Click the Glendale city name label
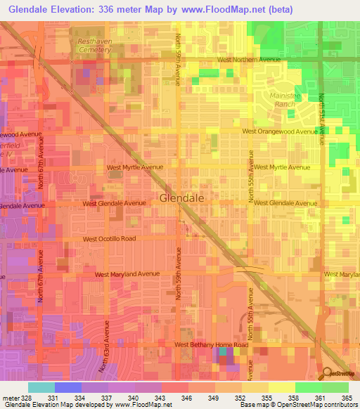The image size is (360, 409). pos(182,198)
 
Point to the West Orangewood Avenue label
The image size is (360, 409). pos(279,131)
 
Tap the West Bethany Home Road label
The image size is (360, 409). pos(212,345)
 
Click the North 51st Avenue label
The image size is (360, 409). pos(322,119)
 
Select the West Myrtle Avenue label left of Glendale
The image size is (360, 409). pos(134,167)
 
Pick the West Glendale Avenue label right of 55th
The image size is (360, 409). pos(285,203)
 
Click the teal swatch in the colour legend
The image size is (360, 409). pos(41,387)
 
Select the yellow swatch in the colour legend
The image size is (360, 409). pos(281,387)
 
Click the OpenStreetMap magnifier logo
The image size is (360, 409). pos(327,373)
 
